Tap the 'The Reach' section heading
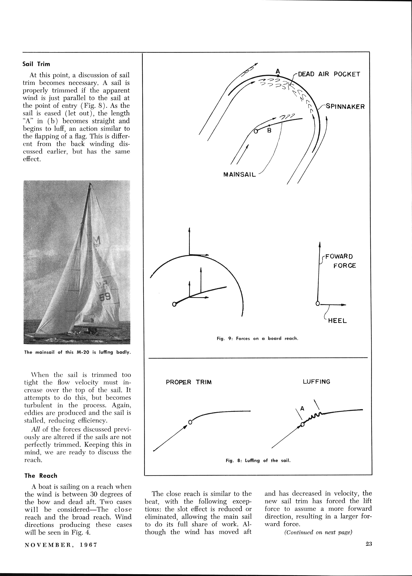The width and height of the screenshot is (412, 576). pyautogui.click(x=41, y=476)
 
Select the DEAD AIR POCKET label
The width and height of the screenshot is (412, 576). pyautogui.click(x=329, y=74)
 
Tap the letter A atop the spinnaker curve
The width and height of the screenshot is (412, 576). pyautogui.click(x=278, y=71)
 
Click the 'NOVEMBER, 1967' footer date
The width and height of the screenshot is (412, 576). pyautogui.click(x=61, y=545)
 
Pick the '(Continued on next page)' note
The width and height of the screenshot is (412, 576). pyautogui.click(x=318, y=532)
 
